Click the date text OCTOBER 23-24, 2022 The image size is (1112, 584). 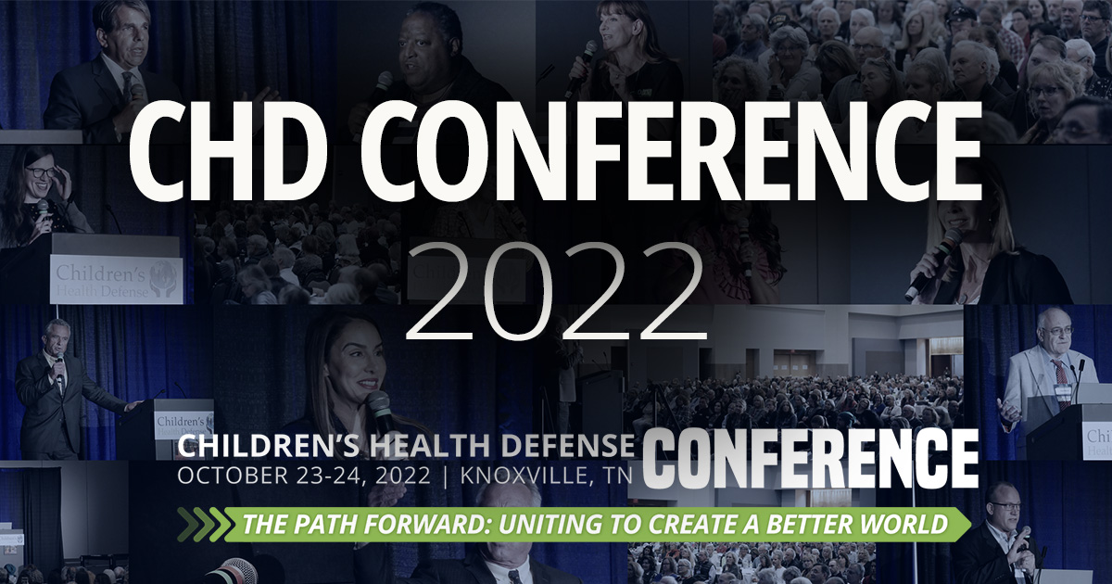303,478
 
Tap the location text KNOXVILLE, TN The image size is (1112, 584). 541,478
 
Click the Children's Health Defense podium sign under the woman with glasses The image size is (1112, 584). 116,280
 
